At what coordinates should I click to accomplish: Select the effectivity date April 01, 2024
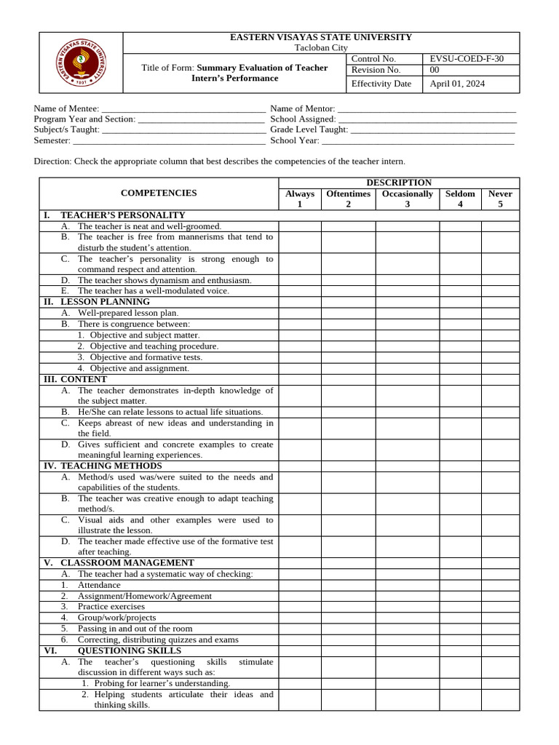[x=457, y=84]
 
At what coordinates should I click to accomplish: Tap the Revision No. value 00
[x=435, y=70]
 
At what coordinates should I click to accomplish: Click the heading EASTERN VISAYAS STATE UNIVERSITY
[x=321, y=37]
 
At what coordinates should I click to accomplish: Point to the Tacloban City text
[x=321, y=47]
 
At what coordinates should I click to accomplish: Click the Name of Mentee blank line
[x=183, y=108]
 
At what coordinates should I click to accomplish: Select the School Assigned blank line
[x=427, y=119]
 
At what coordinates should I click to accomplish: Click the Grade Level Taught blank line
[x=433, y=130]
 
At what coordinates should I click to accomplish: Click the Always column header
[x=300, y=199]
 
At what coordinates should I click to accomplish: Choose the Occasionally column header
[x=408, y=199]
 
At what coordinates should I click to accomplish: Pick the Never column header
[x=500, y=199]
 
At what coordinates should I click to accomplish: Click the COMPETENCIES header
[x=159, y=193]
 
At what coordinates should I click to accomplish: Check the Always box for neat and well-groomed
[x=300, y=226]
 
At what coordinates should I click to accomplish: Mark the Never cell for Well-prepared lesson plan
[x=500, y=313]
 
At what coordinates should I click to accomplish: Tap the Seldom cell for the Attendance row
[x=460, y=585]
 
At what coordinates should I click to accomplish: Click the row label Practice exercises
[x=111, y=607]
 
